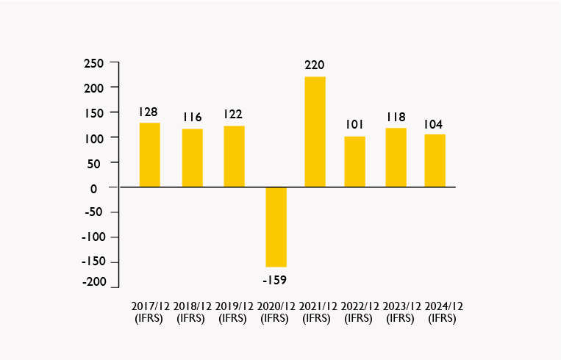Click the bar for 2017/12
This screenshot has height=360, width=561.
[149, 155]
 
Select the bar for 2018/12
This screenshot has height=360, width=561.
[193, 158]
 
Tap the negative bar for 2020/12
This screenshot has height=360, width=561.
[276, 227]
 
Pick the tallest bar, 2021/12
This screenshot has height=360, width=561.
[315, 132]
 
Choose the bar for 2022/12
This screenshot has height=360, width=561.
[354, 162]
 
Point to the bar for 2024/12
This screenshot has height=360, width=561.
[435, 161]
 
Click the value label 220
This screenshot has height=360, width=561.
[315, 65]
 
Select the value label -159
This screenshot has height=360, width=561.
[274, 280]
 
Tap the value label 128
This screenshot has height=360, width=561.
[149, 112]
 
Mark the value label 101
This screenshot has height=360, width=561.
[355, 124]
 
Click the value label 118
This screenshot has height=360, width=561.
[396, 116]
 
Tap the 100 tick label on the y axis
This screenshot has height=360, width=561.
[96, 138]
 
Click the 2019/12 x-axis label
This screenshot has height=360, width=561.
[234, 306]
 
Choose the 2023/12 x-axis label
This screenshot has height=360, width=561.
[400, 306]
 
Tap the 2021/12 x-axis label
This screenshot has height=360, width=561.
[317, 306]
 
